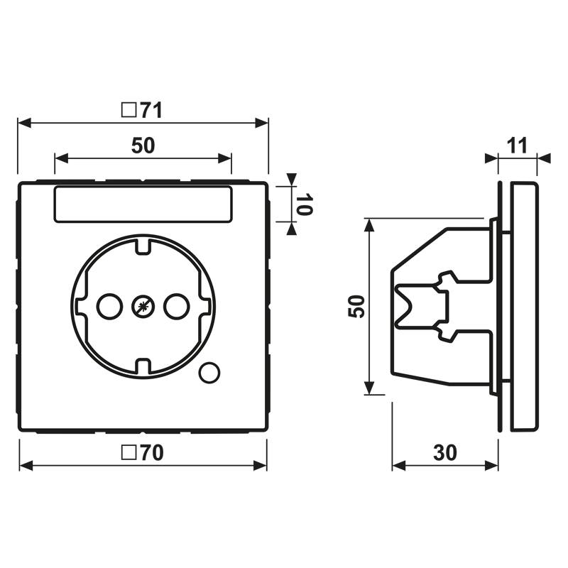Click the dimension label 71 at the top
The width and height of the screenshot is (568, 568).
tap(151, 110)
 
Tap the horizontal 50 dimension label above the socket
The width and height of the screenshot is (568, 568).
tap(143, 146)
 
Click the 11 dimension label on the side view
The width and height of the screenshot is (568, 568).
tap(517, 146)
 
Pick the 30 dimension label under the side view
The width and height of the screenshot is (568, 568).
tap(444, 452)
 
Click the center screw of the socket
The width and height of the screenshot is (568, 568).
tap(143, 307)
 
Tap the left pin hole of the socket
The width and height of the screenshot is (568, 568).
tap(108, 307)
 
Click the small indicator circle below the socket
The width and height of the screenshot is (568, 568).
tap(209, 371)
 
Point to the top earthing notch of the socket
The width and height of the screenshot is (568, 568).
tap(143, 246)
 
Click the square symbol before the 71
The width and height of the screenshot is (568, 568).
tap(129, 110)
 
